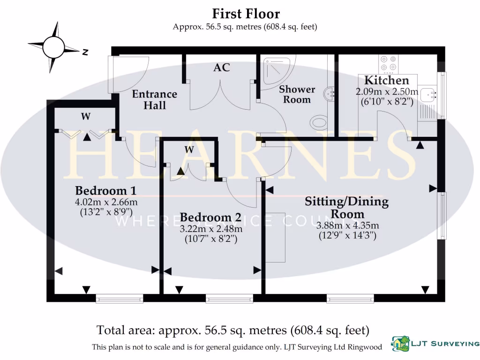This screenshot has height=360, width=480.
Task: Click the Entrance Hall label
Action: point(155,99)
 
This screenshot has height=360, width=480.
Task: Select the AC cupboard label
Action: point(222,67)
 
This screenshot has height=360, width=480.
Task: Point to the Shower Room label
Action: point(297,94)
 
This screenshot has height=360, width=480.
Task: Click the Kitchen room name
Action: point(387,80)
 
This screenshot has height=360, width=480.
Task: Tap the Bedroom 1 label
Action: point(106,191)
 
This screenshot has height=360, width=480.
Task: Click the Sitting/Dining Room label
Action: point(347,208)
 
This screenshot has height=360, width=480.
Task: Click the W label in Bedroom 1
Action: point(85,117)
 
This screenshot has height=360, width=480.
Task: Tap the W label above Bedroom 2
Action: point(189,150)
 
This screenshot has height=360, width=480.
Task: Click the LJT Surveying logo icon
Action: point(400,344)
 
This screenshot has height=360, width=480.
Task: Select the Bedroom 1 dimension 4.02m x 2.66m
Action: point(106,202)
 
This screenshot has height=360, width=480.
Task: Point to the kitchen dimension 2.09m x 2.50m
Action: point(387,92)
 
